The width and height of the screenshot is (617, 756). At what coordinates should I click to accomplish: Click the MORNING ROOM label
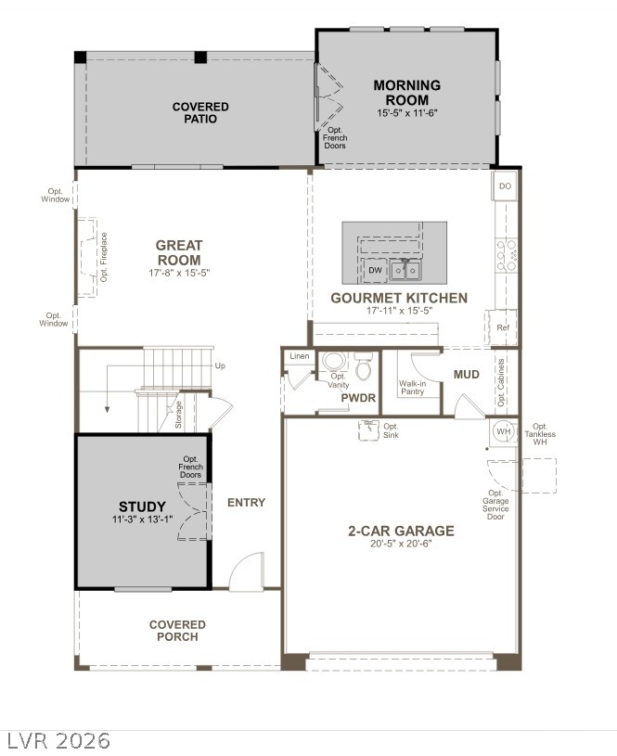(x=406, y=93)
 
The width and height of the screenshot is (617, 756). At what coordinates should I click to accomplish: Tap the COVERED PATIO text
(x=200, y=113)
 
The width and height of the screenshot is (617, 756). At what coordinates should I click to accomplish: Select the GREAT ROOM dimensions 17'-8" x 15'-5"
(x=179, y=274)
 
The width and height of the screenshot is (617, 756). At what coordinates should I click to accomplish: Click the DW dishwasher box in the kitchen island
(x=375, y=271)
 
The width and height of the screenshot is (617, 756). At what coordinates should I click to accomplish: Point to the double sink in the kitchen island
(x=404, y=270)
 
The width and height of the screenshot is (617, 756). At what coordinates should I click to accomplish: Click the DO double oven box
(x=505, y=186)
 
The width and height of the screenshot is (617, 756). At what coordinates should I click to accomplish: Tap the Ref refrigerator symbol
(x=503, y=327)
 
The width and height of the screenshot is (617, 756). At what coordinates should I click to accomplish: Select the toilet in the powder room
(x=363, y=368)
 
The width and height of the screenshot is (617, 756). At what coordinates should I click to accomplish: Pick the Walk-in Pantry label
(x=413, y=388)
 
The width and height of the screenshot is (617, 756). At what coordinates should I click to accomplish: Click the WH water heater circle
(x=503, y=431)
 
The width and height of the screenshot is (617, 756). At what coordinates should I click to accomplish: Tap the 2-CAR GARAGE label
(x=401, y=532)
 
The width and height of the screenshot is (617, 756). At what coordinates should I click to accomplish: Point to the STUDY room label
(x=142, y=506)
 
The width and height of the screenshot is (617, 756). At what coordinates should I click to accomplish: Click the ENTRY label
(x=246, y=503)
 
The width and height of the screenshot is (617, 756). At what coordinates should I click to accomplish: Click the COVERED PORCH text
(x=177, y=631)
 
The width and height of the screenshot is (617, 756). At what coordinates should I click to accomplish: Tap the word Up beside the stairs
(x=219, y=365)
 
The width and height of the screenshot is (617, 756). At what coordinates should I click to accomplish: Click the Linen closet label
(x=299, y=356)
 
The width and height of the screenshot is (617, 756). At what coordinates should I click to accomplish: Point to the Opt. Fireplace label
(x=105, y=257)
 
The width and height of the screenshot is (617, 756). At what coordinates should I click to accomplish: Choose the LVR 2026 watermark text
(x=58, y=740)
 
